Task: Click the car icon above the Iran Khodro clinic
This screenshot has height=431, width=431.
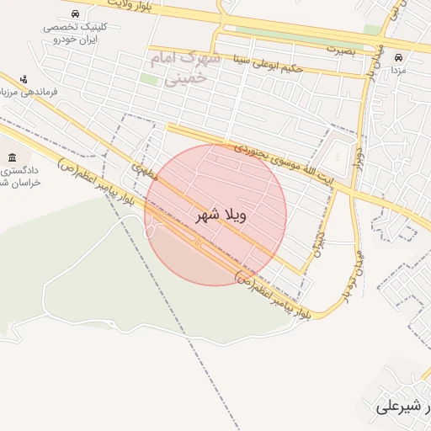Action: (77, 14)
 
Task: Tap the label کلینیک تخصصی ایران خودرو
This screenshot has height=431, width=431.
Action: (72, 33)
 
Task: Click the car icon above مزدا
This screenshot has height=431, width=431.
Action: (398, 58)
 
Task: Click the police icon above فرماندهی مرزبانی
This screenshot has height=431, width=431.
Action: (24, 78)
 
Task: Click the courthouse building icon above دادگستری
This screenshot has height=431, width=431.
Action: (12, 157)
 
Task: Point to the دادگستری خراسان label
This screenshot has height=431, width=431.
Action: (13, 178)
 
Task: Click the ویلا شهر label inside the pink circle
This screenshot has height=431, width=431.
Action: (221, 215)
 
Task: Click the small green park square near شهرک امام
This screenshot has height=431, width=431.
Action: (149, 79)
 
